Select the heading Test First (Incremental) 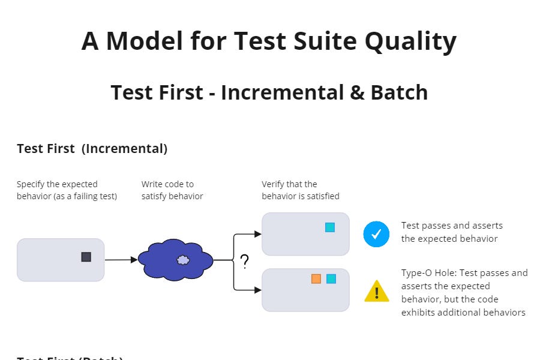coord(92,149)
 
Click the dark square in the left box coord(86,257)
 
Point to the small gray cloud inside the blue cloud coord(183,260)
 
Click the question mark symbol coord(244,262)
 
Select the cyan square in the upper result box coord(329,227)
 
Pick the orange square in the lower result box coord(316,278)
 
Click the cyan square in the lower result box coord(331,278)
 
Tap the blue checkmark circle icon coord(376,234)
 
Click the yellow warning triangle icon coord(376,292)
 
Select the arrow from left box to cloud coord(121,260)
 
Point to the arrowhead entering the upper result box coord(258,234)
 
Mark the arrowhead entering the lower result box coord(258,290)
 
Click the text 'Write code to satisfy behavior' coord(172,190)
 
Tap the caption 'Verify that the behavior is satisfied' coord(300,190)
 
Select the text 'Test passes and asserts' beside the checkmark coord(452,226)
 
